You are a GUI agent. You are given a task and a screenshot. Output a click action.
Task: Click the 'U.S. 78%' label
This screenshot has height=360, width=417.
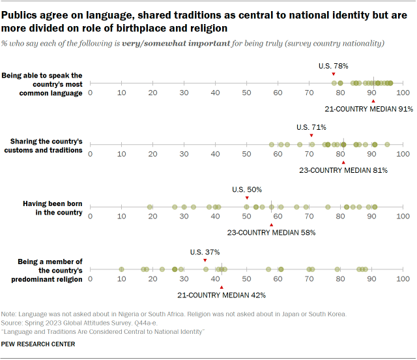333,66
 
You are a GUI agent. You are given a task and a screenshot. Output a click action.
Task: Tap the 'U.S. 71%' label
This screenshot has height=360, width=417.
311,127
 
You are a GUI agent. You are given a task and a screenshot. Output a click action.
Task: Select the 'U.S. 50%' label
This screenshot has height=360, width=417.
247,189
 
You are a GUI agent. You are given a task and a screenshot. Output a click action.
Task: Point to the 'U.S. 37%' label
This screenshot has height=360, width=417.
205,252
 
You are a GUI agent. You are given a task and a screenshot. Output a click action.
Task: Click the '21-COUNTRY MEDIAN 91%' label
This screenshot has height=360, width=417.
368,108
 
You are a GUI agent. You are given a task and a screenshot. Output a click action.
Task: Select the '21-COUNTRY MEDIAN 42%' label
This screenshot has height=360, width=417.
221,295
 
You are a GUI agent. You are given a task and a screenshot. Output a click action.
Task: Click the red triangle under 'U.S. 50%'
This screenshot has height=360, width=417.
247,198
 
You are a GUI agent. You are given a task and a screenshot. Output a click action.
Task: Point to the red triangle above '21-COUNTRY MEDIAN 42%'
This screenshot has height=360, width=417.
222,286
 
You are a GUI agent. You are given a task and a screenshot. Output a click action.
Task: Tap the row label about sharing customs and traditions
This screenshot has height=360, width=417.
46,145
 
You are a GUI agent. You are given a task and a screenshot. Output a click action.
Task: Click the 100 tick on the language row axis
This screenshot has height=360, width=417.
403,93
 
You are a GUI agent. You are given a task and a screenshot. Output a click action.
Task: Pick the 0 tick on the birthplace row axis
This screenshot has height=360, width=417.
90,217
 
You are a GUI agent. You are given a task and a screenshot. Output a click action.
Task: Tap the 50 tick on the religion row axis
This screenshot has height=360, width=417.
246,279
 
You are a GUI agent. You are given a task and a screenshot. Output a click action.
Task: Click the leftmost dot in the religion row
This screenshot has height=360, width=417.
121,269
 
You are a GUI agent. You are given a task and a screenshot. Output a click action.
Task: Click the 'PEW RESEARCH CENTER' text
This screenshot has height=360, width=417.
38,344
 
